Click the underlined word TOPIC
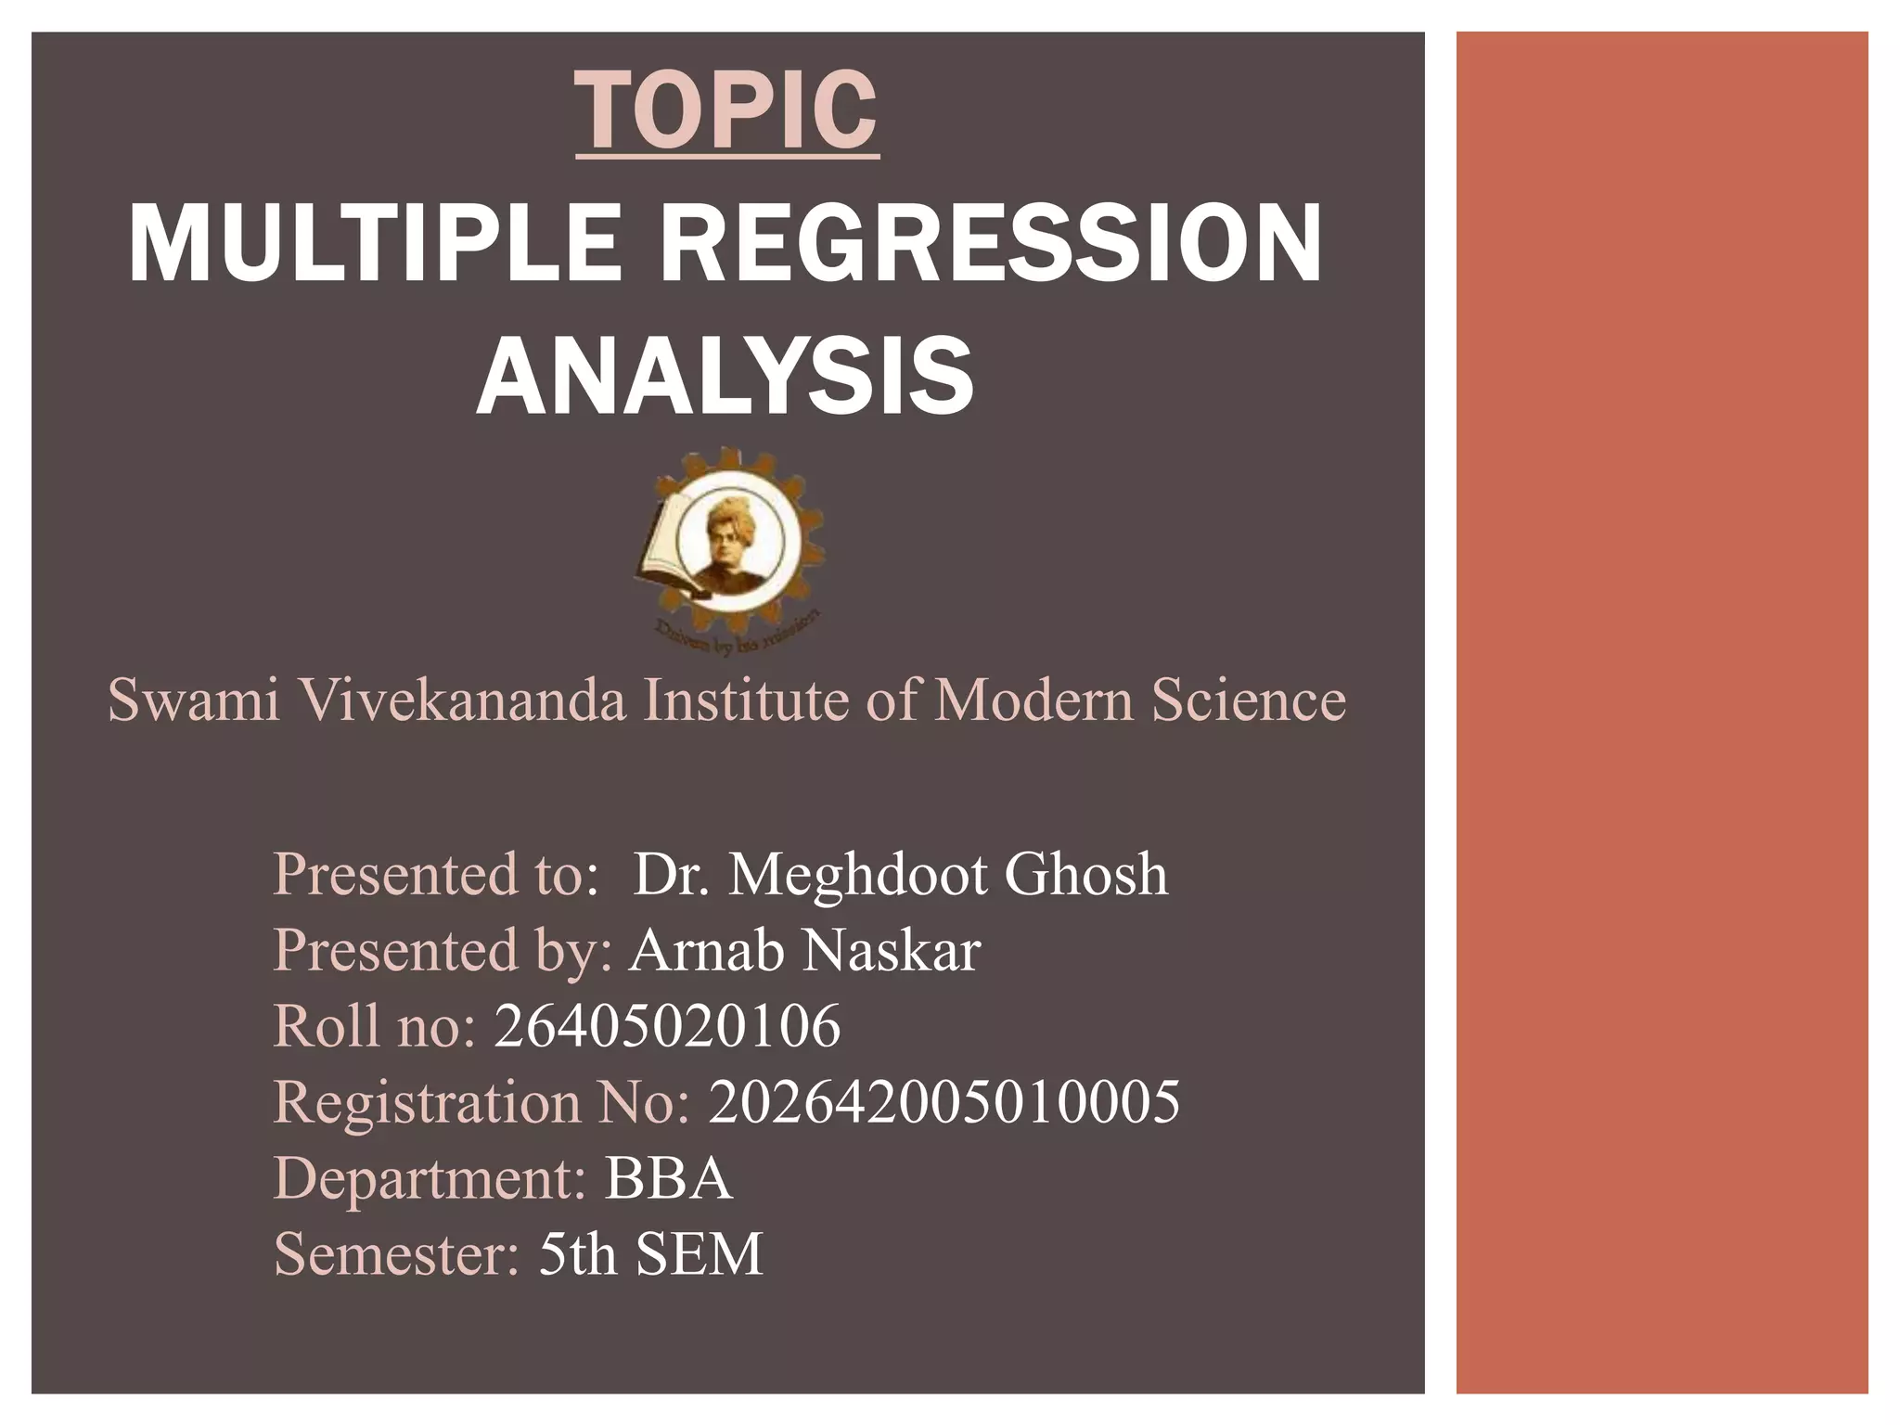[x=726, y=110]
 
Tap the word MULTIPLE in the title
[x=375, y=244]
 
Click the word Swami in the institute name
[x=193, y=700]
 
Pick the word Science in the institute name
[x=1248, y=700]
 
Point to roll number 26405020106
[x=667, y=1026]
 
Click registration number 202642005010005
[x=944, y=1102]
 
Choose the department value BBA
[x=668, y=1178]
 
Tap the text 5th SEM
[x=650, y=1254]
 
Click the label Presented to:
[x=436, y=874]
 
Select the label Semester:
[x=396, y=1254]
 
